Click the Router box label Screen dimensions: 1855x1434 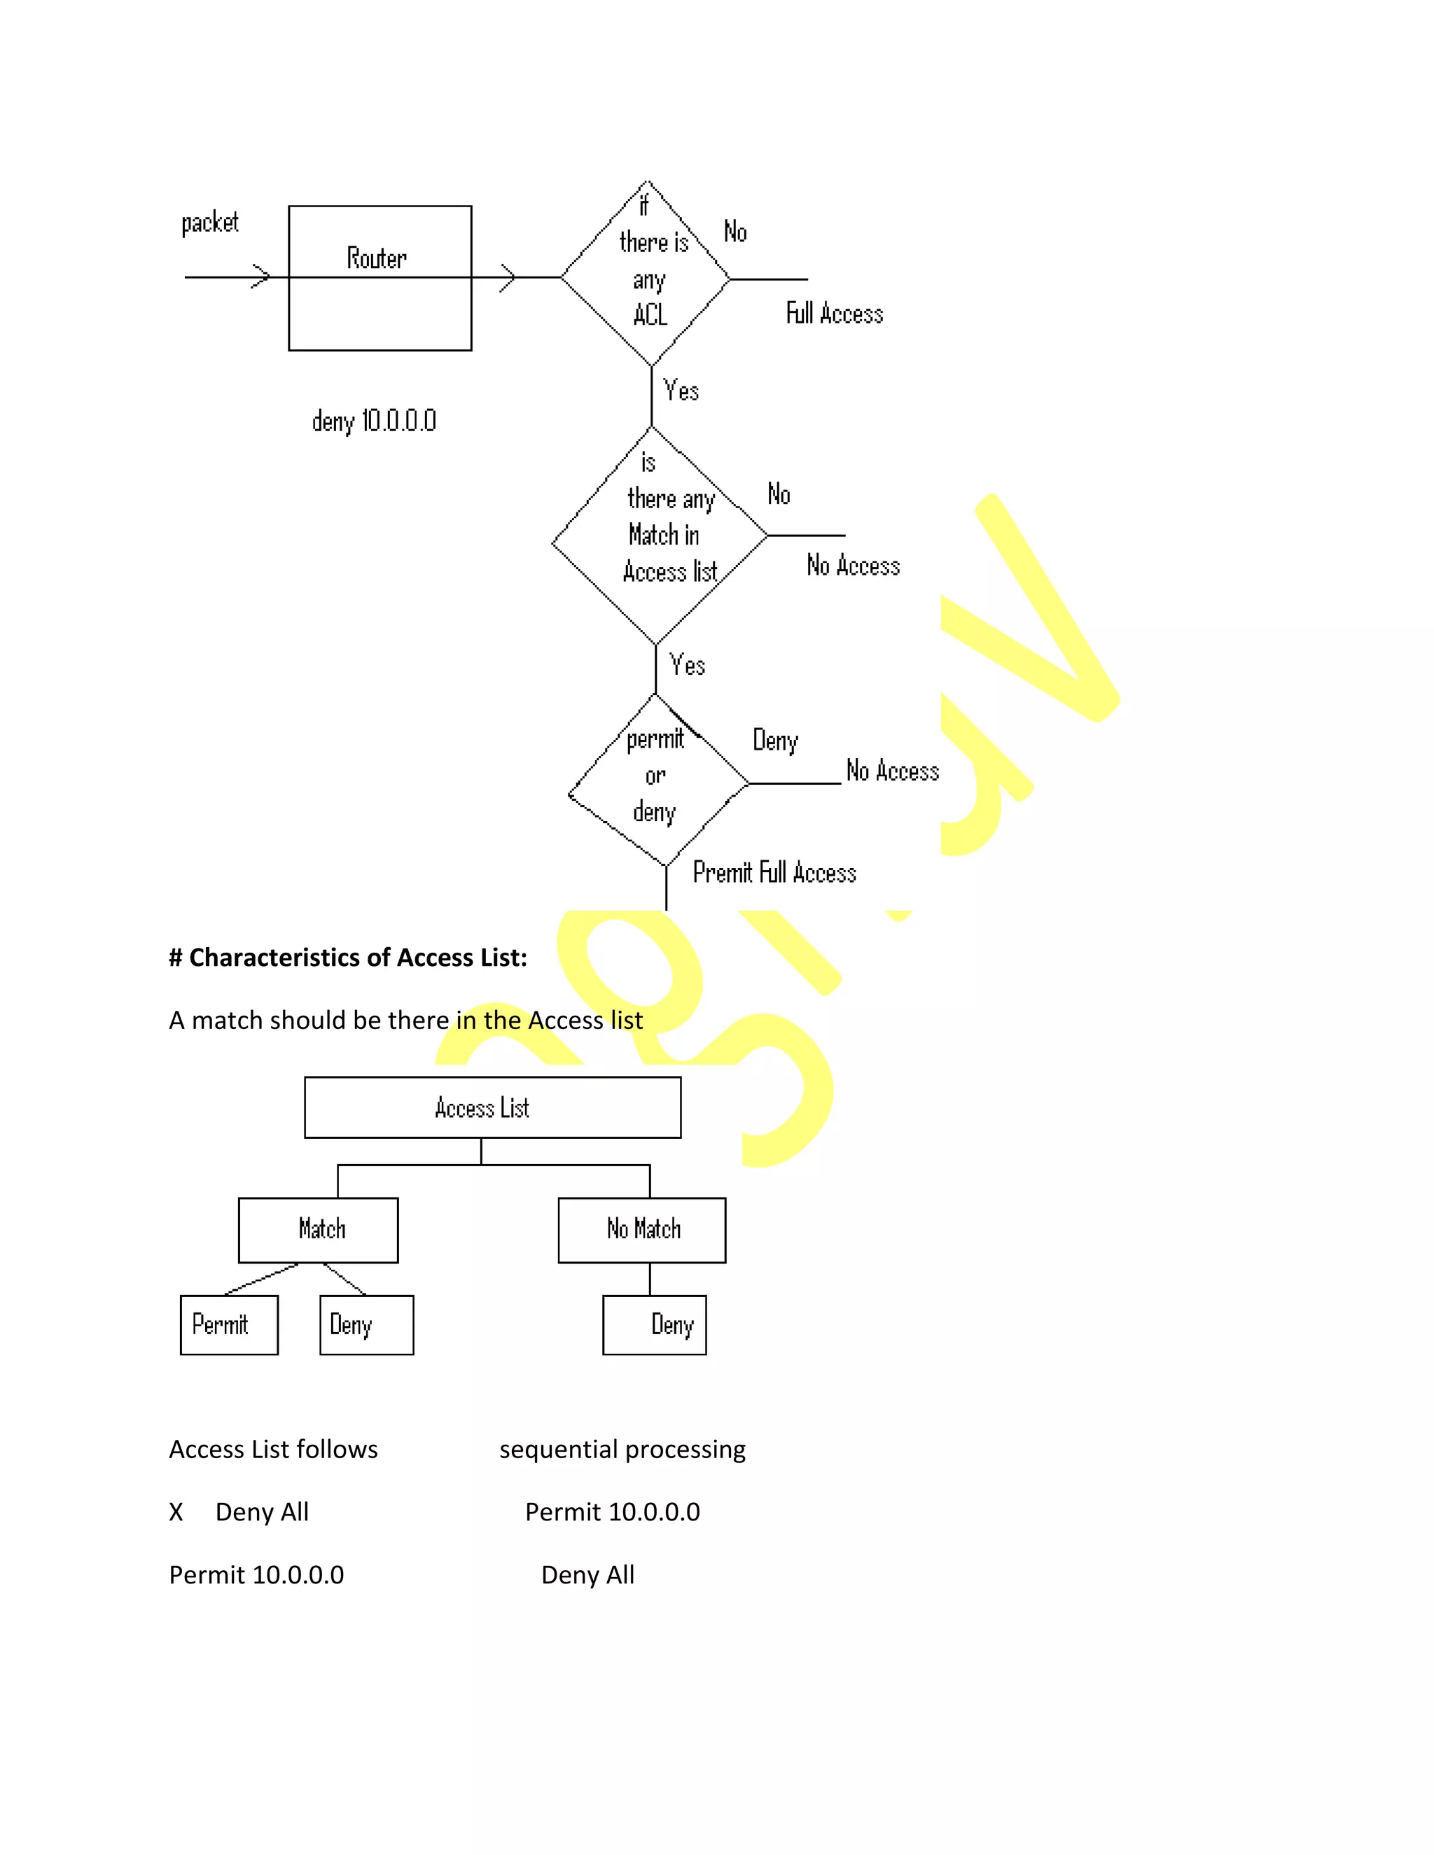click(x=376, y=258)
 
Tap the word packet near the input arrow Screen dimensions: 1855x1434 click(x=210, y=223)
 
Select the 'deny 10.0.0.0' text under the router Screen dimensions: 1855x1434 click(x=374, y=421)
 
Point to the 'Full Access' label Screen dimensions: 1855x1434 click(x=834, y=314)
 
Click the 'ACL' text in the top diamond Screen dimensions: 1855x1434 click(x=650, y=315)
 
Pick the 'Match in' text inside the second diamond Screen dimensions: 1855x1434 click(x=664, y=535)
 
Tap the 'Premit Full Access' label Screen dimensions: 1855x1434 click(x=774, y=872)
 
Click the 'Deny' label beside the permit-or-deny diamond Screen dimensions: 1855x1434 click(x=775, y=741)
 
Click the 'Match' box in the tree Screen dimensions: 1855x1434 click(x=319, y=1230)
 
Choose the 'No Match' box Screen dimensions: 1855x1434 click(x=641, y=1230)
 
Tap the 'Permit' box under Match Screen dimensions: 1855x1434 click(x=228, y=1325)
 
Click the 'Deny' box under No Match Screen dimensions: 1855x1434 click(x=654, y=1325)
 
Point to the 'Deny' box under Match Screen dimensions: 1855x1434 click(x=366, y=1325)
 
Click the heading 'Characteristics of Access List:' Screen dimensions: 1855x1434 click(x=348, y=958)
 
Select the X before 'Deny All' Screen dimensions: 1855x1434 click(x=176, y=1512)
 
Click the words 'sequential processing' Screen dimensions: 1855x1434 click(x=622, y=1449)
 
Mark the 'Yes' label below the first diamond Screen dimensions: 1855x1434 click(x=681, y=391)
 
